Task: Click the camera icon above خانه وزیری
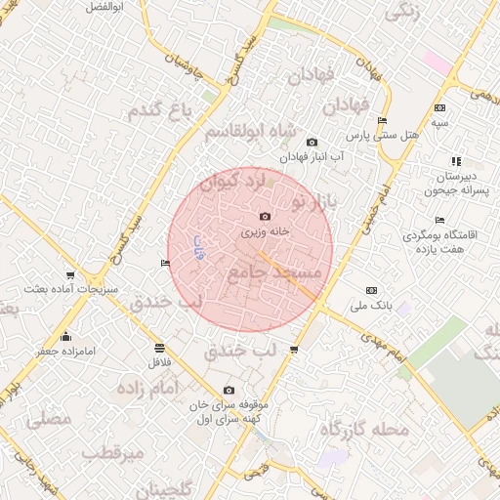(265, 216)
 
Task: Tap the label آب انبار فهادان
(311, 156)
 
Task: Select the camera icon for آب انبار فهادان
(312, 143)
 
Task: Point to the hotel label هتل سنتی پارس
(386, 135)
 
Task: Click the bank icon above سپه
(440, 107)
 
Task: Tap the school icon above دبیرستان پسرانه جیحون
(456, 161)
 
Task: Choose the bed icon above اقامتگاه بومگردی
(439, 220)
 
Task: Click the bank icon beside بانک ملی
(371, 290)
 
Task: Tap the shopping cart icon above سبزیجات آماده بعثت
(69, 275)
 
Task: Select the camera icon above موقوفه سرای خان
(229, 390)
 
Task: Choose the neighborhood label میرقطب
(113, 453)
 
